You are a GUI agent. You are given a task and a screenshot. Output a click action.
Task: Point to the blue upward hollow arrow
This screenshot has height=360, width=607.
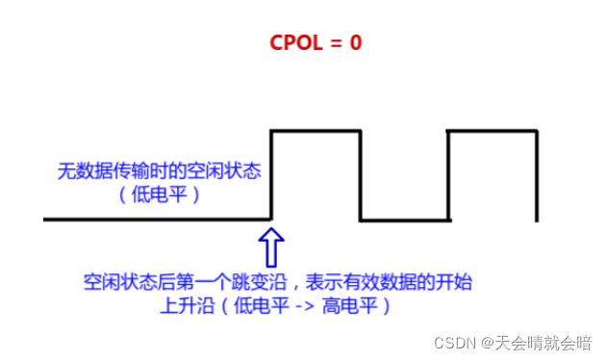tap(272, 245)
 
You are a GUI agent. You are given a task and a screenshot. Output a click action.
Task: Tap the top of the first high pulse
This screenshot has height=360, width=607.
tap(316, 131)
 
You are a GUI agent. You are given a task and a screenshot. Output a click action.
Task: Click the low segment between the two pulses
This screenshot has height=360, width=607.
tap(404, 220)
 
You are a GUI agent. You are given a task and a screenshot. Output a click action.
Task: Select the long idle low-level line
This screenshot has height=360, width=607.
tap(154, 220)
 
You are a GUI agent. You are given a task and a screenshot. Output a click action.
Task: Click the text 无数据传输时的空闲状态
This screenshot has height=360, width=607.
tap(160, 171)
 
